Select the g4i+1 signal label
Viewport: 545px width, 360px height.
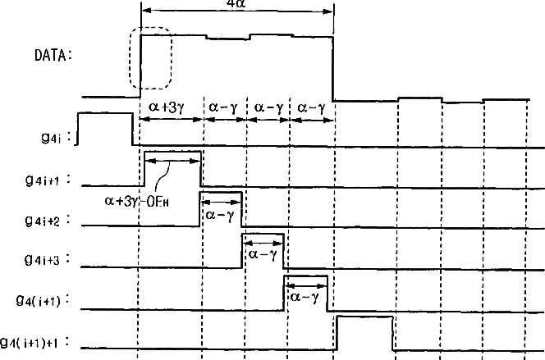click(46, 178)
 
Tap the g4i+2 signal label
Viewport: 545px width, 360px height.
click(46, 221)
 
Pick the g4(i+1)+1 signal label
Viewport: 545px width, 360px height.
click(37, 342)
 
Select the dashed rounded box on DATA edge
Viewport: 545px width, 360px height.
click(150, 57)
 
